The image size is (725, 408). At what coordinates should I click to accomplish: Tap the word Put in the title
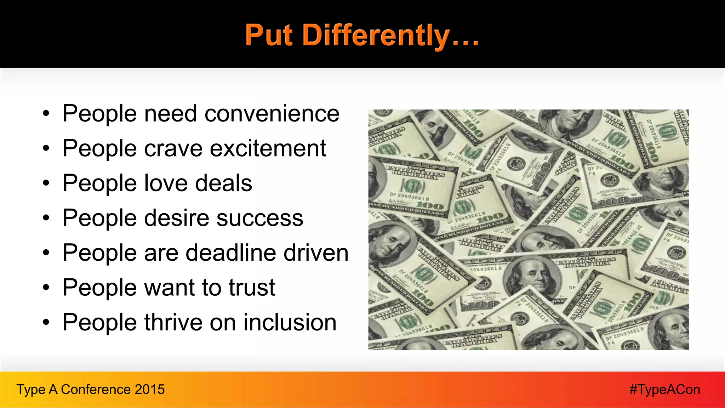tap(269, 35)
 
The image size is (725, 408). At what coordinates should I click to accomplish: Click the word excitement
tap(268, 148)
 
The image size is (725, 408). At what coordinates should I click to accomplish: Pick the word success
tap(260, 218)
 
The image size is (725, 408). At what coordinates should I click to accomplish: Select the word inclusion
tap(290, 322)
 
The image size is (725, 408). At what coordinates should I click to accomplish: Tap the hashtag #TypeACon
tap(664, 390)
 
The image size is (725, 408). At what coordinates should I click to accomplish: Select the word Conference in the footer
tap(96, 390)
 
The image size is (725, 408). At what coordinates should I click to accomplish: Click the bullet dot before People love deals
tap(46, 183)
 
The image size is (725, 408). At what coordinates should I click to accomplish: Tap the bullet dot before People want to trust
tap(46, 288)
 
